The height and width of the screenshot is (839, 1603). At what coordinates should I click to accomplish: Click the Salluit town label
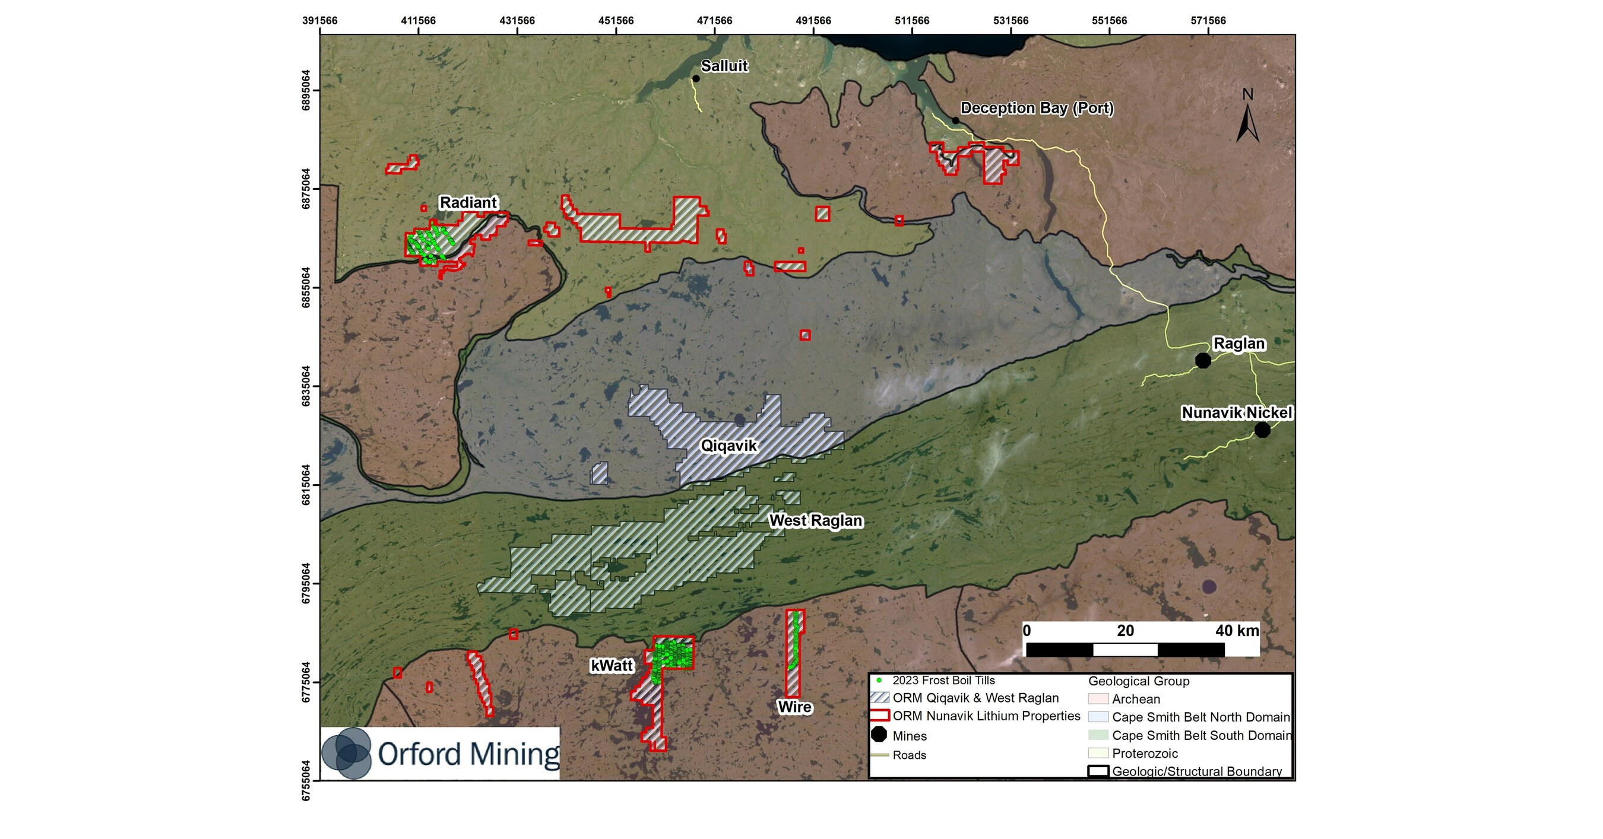[724, 66]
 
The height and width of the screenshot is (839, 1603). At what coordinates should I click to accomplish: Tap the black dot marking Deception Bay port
[955, 120]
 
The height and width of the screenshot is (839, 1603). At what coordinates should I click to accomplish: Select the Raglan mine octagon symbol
[1203, 360]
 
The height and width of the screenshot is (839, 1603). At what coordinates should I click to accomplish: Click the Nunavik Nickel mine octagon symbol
[1262, 429]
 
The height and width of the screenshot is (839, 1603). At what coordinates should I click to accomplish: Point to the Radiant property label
[468, 203]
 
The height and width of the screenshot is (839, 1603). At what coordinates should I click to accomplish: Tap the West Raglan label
[815, 520]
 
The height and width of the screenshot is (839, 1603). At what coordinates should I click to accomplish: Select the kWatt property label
[611, 666]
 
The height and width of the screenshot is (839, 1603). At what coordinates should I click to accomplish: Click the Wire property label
[794, 707]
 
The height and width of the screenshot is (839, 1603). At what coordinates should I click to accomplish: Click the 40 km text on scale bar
[1237, 631]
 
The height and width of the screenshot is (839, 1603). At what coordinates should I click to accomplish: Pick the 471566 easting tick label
[714, 21]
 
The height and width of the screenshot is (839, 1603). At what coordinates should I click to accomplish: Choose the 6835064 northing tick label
[306, 386]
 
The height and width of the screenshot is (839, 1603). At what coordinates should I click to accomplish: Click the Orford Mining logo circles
[346, 753]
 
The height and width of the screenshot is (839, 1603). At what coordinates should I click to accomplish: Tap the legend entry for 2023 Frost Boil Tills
[943, 681]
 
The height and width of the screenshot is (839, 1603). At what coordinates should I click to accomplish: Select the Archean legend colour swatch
[1098, 699]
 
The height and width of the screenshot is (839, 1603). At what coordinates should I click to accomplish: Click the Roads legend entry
[908, 755]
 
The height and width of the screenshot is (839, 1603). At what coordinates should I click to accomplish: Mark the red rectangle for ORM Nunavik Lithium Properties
[879, 716]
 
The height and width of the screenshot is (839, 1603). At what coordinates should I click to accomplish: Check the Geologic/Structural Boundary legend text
[1196, 771]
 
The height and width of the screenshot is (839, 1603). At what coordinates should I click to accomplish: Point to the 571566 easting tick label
[1208, 21]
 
